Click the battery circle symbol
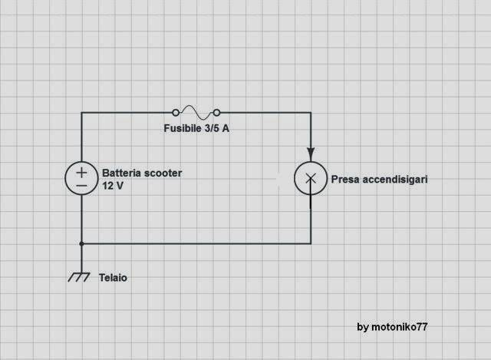point(65,178)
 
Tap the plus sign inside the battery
point(81,173)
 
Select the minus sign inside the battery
point(81,186)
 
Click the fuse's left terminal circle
point(176,113)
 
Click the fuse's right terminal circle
point(216,113)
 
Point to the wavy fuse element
point(196,113)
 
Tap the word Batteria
point(120,173)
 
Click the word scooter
point(162,173)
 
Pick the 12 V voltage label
point(113,186)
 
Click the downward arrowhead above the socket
point(311,154)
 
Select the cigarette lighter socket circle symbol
point(295,179)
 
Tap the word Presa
point(344,180)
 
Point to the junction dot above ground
point(81,244)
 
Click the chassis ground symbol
point(79,277)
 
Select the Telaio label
point(113,278)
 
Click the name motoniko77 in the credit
point(400,327)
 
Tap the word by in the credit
point(363,328)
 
